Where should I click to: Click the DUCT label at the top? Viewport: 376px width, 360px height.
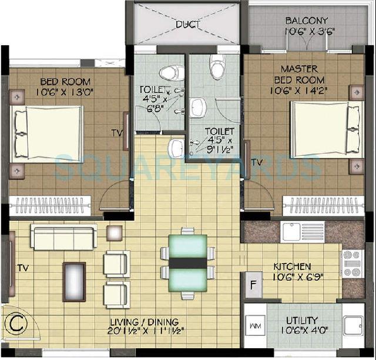[x=187, y=24]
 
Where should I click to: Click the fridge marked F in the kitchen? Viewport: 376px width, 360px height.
[x=254, y=285]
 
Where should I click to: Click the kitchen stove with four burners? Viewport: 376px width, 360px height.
[x=352, y=263]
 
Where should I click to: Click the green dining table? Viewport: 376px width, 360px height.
[x=187, y=259]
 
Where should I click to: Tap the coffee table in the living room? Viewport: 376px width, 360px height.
[x=74, y=281]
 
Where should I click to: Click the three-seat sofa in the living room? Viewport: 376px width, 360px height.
[x=64, y=237]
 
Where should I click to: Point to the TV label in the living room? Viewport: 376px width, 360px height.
[x=22, y=268]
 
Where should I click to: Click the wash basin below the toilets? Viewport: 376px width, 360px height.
[x=176, y=149]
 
